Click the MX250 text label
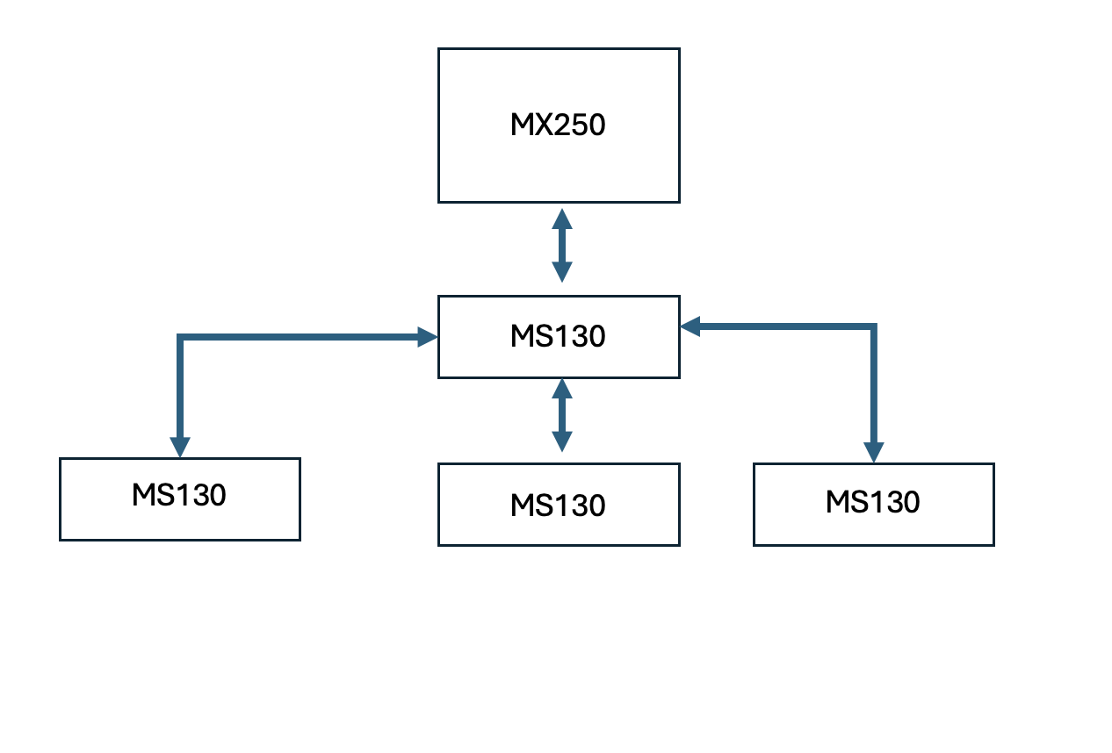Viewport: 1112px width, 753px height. pyautogui.click(x=558, y=125)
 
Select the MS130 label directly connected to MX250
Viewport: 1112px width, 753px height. pyautogui.click(x=558, y=337)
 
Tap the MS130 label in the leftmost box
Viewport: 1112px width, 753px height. pyautogui.click(x=179, y=495)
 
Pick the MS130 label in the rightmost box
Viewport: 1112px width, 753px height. pyautogui.click(x=872, y=502)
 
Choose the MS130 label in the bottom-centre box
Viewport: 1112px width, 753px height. pyautogui.click(x=558, y=506)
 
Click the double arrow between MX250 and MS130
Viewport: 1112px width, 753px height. pyautogui.click(x=562, y=246)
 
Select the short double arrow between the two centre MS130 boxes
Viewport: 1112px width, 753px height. pyautogui.click(x=562, y=415)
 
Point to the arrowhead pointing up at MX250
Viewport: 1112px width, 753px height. pyautogui.click(x=562, y=217)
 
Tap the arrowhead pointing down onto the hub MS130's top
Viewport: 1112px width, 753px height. pyautogui.click(x=562, y=273)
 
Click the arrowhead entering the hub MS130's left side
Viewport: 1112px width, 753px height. pyautogui.click(x=428, y=336)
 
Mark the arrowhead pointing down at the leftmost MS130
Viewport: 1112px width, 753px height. pyautogui.click(x=179, y=447)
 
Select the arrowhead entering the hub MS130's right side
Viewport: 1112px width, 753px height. pyautogui.click(x=690, y=326)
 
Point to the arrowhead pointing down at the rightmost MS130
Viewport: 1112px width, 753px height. pyautogui.click(x=873, y=452)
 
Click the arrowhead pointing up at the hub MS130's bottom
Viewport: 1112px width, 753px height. pyautogui.click(x=562, y=387)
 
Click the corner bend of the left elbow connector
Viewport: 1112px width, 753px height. pyautogui.click(x=180, y=337)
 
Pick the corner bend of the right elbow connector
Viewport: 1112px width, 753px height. pyautogui.click(x=873, y=327)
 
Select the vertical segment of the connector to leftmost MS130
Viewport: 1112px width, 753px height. pyautogui.click(x=180, y=386)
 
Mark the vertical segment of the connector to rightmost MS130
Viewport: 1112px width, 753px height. pyautogui.click(x=873, y=386)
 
